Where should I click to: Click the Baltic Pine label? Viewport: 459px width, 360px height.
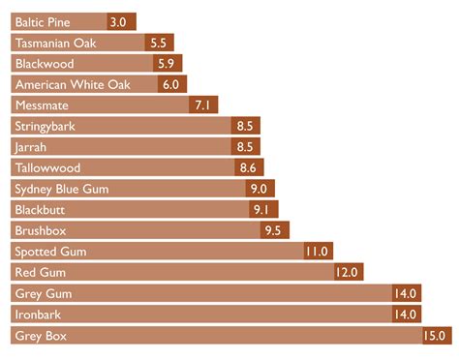point(48,20)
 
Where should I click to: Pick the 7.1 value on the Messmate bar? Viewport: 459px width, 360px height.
point(204,105)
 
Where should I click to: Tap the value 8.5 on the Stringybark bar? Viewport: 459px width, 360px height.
point(244,126)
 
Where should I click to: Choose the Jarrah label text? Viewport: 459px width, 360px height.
point(31,147)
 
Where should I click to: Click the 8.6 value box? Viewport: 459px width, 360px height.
point(247,167)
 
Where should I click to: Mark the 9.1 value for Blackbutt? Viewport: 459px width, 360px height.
point(261,209)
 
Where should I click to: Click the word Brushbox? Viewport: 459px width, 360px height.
point(41,230)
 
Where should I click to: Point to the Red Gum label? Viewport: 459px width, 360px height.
point(39,273)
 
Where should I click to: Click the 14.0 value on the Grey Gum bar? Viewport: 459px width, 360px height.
point(405,293)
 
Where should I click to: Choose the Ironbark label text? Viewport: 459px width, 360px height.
point(38,315)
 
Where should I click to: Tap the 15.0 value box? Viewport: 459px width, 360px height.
point(435,336)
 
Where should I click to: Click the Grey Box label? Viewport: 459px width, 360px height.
point(41,336)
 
